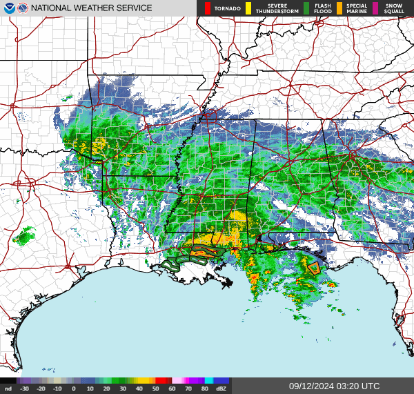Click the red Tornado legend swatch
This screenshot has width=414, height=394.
coord(208,8)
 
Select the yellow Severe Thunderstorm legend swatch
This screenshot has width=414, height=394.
coord(248,8)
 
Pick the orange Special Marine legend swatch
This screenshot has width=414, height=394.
coord(340,8)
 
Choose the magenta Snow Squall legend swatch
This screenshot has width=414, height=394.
coord(375,8)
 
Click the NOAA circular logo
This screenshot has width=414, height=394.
coord(8,8)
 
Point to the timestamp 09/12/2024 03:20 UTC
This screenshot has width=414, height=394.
coord(334,386)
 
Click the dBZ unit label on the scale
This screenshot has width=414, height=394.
coord(221,389)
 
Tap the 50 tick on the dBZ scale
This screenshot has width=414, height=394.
coord(155,389)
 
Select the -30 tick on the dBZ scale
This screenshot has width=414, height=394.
coord(25,389)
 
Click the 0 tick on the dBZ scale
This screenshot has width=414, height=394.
coord(74,389)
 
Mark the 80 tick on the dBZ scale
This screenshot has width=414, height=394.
coord(204,389)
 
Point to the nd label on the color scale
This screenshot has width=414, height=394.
coord(8,389)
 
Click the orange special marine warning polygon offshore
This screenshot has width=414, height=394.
coord(314,268)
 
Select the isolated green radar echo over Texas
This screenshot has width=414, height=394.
coord(24,237)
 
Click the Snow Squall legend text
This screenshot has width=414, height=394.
coord(394,8)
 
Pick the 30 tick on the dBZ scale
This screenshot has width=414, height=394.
coord(123,389)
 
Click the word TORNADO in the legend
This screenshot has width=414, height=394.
coord(227,8)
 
